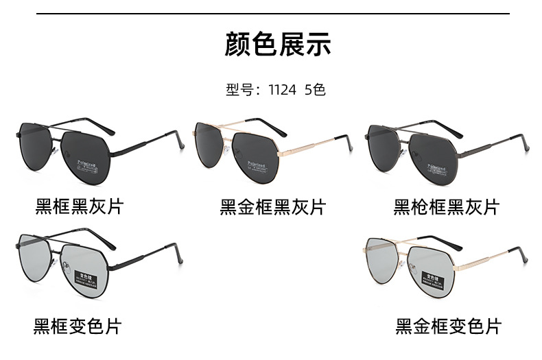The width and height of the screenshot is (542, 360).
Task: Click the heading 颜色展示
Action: pos(278,45)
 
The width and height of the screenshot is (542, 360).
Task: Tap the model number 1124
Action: pos(283,90)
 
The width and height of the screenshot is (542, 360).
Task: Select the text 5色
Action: pos(314,90)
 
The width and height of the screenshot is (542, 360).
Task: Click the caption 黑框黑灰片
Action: pos(79,206)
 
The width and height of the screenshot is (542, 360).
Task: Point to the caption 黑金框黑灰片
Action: pos(272,206)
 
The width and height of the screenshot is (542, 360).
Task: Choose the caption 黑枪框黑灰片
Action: pos(447,206)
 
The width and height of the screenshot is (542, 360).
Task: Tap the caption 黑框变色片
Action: pos(78,326)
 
